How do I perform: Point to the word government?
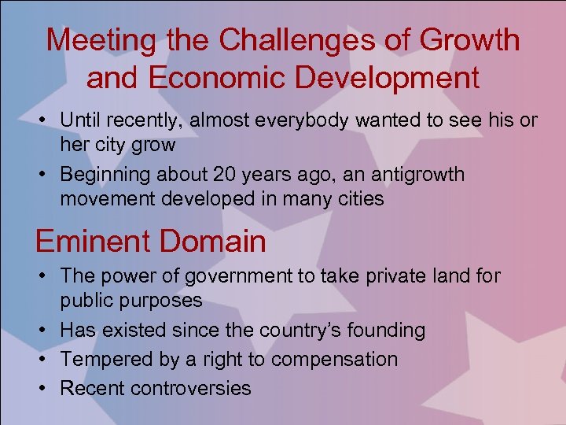click(x=248, y=276)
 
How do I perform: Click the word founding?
click(x=388, y=330)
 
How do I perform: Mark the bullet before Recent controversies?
click(x=46, y=388)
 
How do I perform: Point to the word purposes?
click(x=157, y=301)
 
